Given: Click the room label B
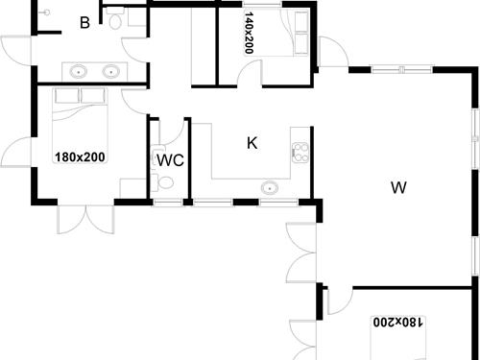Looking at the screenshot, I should click(x=84, y=22).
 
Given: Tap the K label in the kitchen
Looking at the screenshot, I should click(x=252, y=143).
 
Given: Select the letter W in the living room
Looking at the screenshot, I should click(x=396, y=187).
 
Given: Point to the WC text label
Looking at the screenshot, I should click(x=170, y=158).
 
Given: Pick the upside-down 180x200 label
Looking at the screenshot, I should click(x=396, y=323).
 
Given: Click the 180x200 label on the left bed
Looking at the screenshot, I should click(x=79, y=156).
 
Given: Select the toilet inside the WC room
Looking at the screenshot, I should click(x=166, y=182).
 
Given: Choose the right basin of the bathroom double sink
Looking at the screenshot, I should click(x=111, y=70).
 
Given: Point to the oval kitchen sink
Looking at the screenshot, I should click(x=270, y=187).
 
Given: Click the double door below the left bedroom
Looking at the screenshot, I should click(x=86, y=219).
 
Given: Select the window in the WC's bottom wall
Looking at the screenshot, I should click(x=167, y=203).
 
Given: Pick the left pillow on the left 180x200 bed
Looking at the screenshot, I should click(x=66, y=96).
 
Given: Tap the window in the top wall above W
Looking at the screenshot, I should click(x=390, y=68).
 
